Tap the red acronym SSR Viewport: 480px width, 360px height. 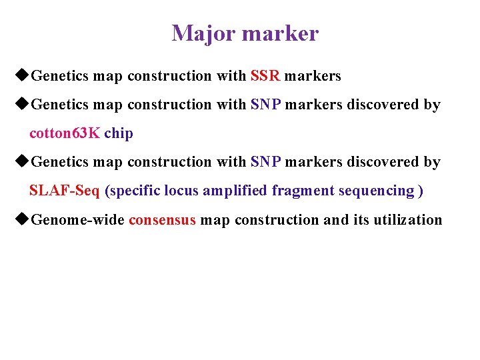tap(265, 76)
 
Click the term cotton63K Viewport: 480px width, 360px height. tap(65, 133)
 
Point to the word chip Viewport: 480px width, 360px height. tap(119, 133)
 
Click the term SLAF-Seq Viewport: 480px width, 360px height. tap(65, 191)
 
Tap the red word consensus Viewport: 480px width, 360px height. tap(162, 220)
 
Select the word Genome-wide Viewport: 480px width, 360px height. tap(78, 220)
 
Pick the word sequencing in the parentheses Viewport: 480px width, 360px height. tap(376, 191)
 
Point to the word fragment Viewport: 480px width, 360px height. tap(303, 191)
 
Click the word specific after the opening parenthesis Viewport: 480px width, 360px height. tap(134, 191)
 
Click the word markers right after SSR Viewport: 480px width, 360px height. tap(313, 76)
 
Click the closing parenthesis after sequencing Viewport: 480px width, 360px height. tap(420, 191)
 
